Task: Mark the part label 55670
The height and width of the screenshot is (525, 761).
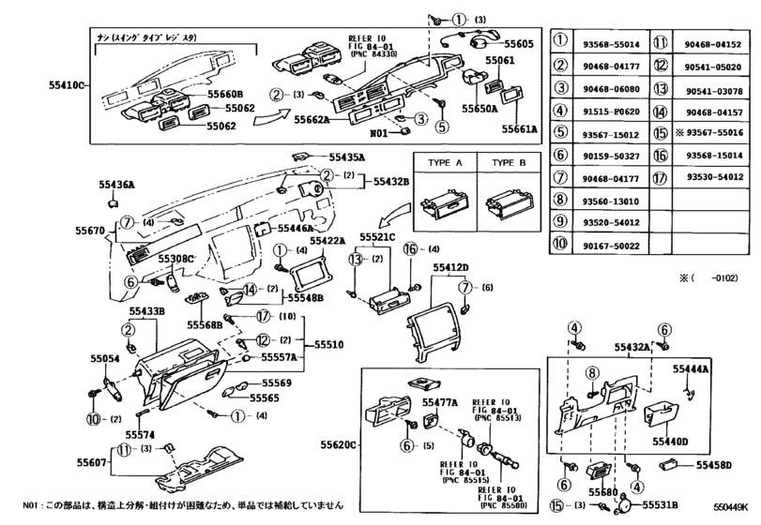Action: tap(90, 228)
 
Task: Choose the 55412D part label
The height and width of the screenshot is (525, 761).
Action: tap(450, 268)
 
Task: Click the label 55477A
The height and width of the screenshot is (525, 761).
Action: tap(439, 402)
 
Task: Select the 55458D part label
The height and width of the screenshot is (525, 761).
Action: tap(714, 465)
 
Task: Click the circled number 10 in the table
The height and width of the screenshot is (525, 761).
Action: tap(560, 245)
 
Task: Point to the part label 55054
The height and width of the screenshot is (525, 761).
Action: tap(104, 359)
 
